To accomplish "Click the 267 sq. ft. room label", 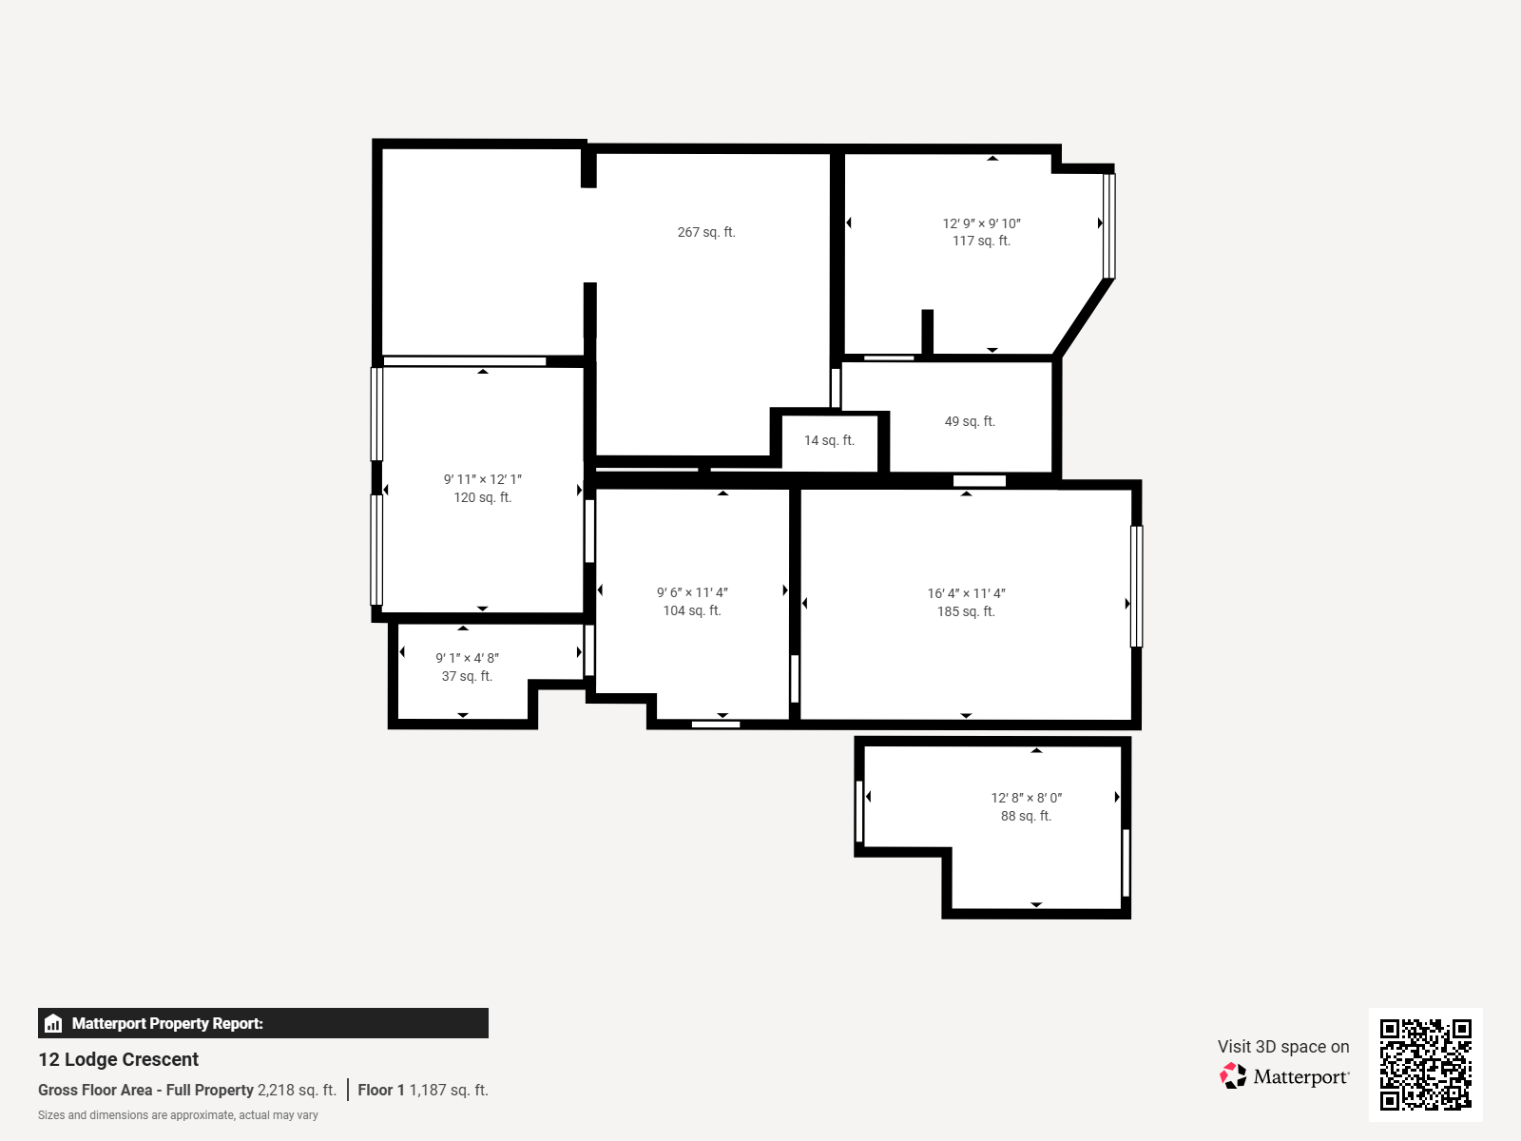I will click(x=706, y=232).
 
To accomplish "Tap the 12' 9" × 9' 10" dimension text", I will click(x=981, y=223).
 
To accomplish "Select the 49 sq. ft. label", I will click(x=970, y=421).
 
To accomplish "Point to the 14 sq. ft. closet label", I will click(x=829, y=440).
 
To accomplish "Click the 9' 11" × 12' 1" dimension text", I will click(x=482, y=479).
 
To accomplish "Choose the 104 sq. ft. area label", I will click(x=692, y=610).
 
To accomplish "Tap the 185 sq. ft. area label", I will click(x=966, y=611).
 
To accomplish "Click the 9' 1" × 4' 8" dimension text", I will click(x=467, y=658).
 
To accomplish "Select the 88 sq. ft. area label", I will click(x=1026, y=816).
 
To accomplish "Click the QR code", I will click(x=1425, y=1064).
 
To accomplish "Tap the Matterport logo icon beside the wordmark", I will click(x=1233, y=1076).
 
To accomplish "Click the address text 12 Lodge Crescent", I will click(x=119, y=1059).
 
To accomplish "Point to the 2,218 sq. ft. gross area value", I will click(x=297, y=1090).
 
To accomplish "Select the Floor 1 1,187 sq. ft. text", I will click(x=423, y=1090).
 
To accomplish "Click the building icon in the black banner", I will click(x=53, y=1023).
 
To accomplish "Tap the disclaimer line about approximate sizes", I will click(x=178, y=1115).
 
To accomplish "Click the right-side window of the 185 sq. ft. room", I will click(x=1136, y=587).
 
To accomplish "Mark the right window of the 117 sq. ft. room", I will click(x=1108, y=225).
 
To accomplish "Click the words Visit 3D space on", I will click(x=1283, y=1046).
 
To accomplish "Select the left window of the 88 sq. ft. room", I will click(x=859, y=811).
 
